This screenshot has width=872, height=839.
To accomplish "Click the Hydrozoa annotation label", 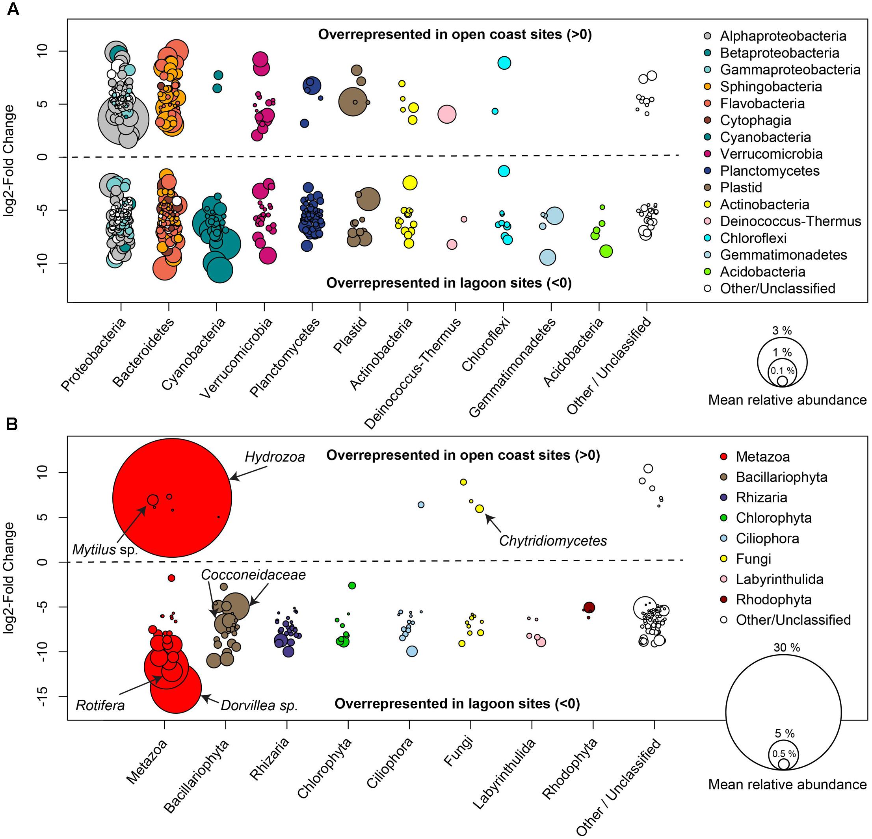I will (x=275, y=457).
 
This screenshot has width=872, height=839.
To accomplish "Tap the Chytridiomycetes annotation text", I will (x=552, y=540).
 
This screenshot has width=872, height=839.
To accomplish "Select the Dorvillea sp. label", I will (x=259, y=705).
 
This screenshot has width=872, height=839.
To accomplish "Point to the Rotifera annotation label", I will (x=100, y=705).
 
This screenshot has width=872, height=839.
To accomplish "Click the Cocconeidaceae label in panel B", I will (x=253, y=575).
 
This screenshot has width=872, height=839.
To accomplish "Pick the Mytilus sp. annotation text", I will (x=105, y=550).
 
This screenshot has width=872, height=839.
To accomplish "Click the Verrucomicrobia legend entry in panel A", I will (x=771, y=154).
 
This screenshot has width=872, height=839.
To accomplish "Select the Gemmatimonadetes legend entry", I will (x=783, y=255).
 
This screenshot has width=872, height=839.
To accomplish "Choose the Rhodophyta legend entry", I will (x=773, y=599).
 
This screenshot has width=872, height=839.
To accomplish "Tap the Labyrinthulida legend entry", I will (x=779, y=579).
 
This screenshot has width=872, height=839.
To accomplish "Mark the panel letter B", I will (x=12, y=424).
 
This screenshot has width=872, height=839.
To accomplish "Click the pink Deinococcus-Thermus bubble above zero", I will (x=447, y=114).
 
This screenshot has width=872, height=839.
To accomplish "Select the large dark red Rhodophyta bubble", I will (x=589, y=608).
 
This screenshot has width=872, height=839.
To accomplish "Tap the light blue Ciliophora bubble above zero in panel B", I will (x=421, y=505).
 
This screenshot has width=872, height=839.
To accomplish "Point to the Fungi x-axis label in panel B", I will (x=458, y=752).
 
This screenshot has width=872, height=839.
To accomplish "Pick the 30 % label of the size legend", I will (x=786, y=648).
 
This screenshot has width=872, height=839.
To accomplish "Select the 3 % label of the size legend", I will (x=782, y=330).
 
